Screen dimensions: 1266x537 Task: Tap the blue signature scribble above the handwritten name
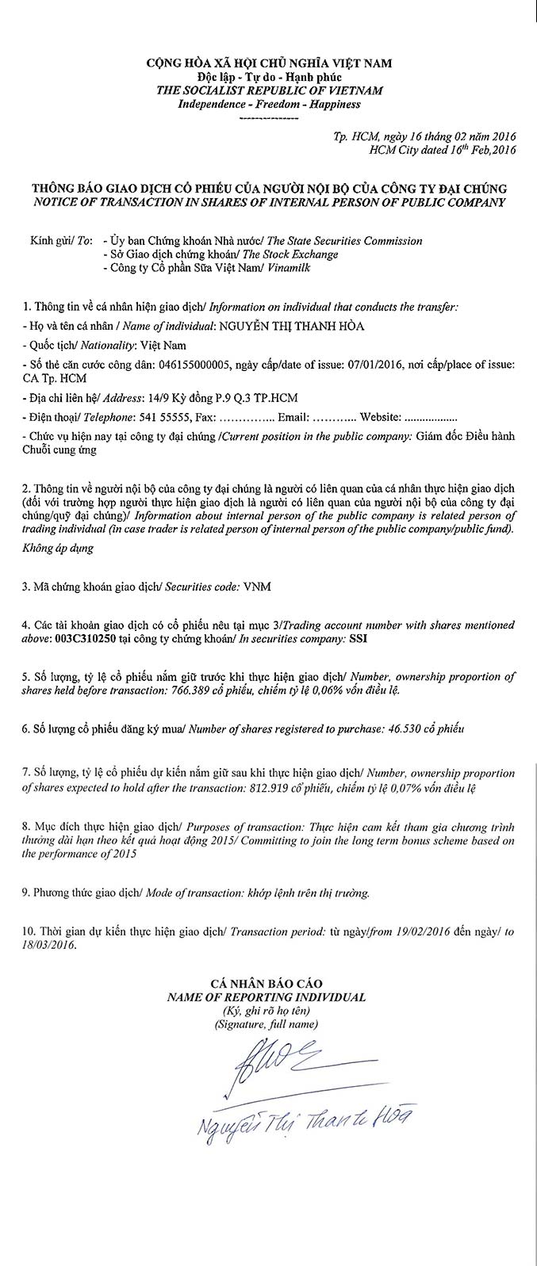pyautogui.click(x=270, y=1066)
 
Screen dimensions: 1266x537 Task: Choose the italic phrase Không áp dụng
pyautogui.click(x=58, y=548)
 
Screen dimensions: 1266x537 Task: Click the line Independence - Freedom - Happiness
pyautogui.click(x=269, y=104)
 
